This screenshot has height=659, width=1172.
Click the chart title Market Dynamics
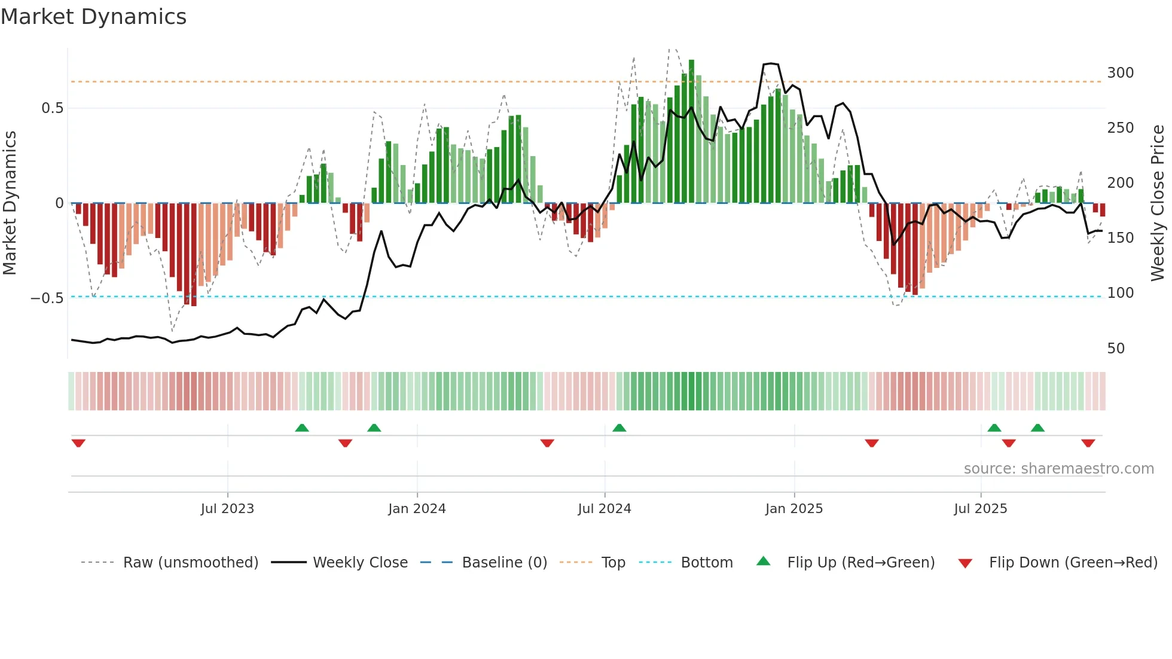point(93,17)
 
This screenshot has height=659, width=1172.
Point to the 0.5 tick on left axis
point(52,108)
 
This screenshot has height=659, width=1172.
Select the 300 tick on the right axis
point(1120,73)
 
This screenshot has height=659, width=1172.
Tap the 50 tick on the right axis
point(1116,348)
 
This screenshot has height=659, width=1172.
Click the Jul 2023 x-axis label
point(227,509)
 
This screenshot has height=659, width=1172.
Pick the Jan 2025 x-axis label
point(793,509)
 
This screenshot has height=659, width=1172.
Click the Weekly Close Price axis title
point(1158,203)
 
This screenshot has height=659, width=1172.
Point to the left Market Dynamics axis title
point(10,203)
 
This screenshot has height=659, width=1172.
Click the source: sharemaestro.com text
point(1058,469)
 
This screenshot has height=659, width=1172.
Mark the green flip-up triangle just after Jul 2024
point(619,428)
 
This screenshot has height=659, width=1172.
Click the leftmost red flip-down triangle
point(78,443)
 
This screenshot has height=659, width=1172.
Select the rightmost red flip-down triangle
point(1088,443)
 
